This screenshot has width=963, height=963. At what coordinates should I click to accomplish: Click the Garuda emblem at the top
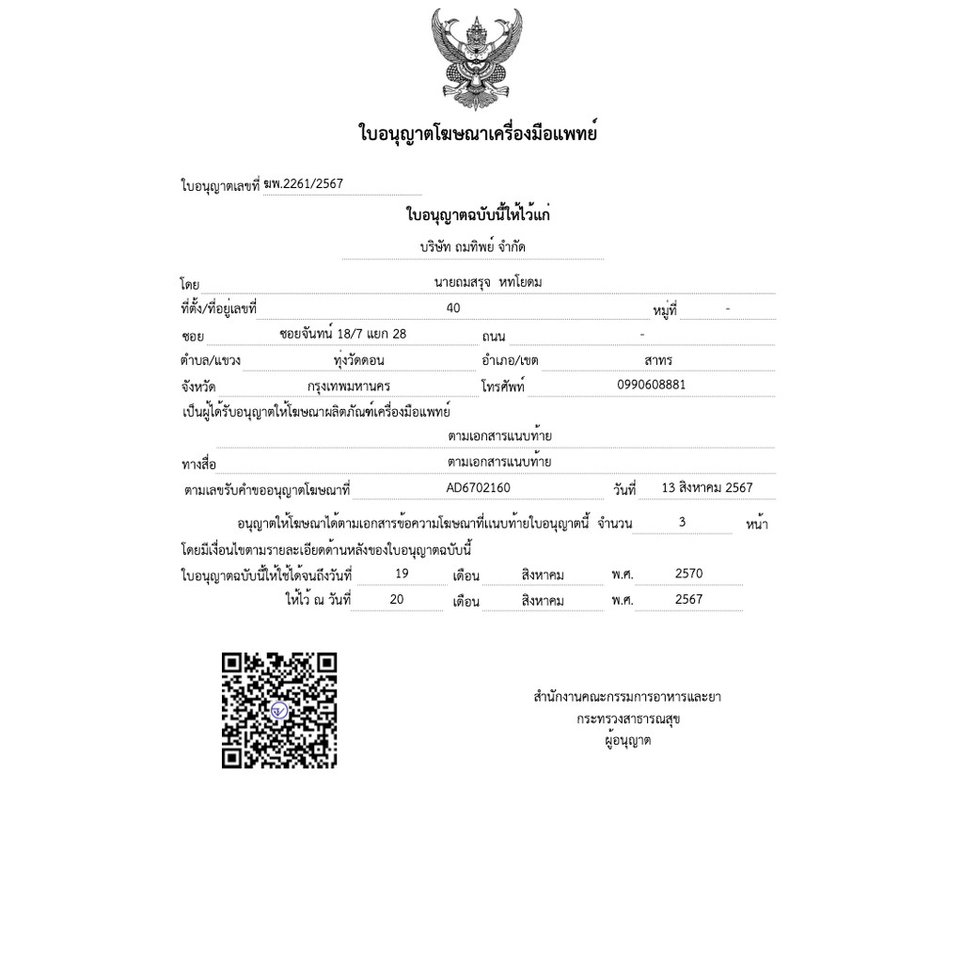pos(477,59)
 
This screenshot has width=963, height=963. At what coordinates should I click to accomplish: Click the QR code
pos(279,710)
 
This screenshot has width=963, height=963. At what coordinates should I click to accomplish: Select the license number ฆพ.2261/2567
pos(304,184)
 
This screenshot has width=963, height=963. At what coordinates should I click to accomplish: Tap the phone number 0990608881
pos(652,385)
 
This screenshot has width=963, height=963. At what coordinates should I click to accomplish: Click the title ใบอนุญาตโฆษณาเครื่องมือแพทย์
pos(479,134)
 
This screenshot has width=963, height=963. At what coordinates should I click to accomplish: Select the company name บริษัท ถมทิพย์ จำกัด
pos(473,246)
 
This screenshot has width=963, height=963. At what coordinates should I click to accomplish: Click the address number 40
pos(453,308)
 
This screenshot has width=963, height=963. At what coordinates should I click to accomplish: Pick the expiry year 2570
pos(688,574)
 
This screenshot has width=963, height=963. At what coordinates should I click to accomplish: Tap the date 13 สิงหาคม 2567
pos(707,488)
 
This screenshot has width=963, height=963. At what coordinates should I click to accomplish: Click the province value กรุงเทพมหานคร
pos(349,386)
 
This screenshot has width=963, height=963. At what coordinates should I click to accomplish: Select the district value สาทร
pos(658,360)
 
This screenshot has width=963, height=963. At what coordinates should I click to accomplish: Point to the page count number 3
pos(682,522)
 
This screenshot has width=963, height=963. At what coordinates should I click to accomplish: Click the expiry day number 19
pos(402,574)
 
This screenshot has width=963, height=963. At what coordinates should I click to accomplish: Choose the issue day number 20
pos(397,599)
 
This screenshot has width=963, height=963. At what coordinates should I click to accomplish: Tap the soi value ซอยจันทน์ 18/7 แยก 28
pos(343,334)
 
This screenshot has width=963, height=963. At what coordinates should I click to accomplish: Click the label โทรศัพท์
pos(502,387)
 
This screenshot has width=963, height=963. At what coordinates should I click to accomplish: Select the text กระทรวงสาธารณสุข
pos(628,719)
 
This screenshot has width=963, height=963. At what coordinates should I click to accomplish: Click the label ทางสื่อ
pos(198,465)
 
